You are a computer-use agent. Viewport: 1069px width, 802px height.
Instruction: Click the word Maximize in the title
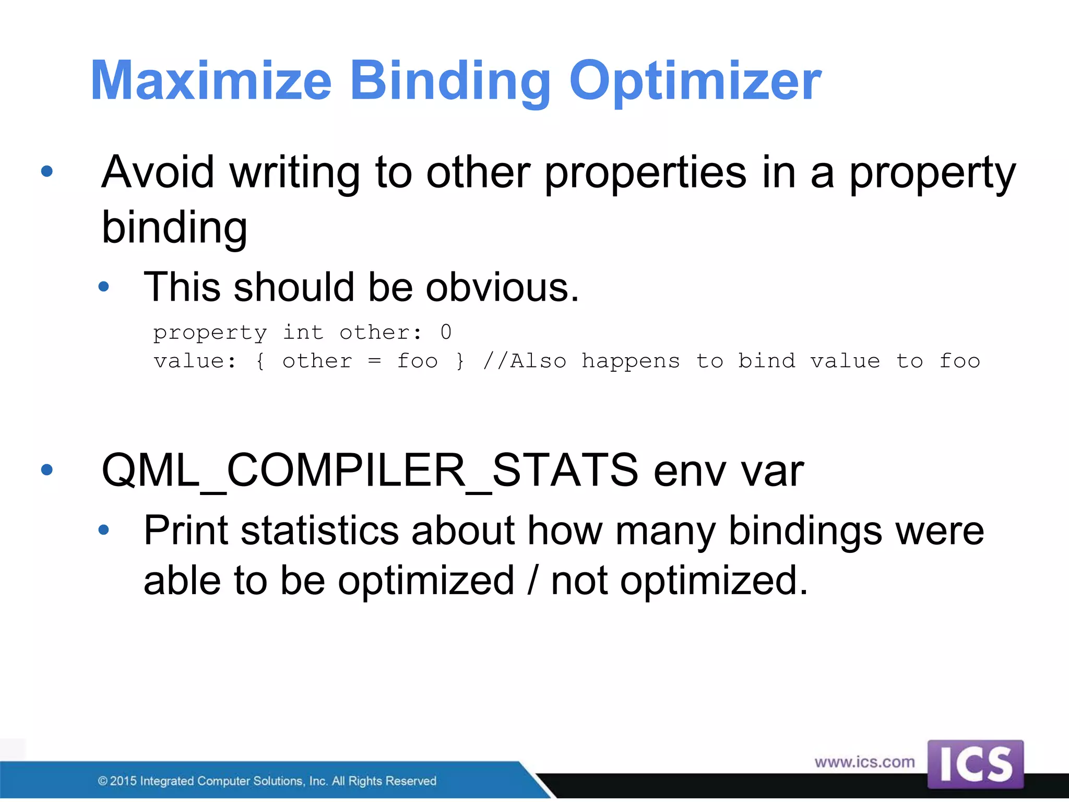point(211,81)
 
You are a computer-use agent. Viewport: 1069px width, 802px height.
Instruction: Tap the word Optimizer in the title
point(695,81)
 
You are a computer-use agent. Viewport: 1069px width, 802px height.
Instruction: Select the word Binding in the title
point(450,81)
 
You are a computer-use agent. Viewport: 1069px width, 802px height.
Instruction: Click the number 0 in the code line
point(446,332)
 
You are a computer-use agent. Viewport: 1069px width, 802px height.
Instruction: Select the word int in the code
point(303,332)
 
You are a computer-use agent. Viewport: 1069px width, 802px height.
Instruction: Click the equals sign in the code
point(374,361)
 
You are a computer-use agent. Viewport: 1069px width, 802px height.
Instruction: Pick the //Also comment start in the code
point(525,361)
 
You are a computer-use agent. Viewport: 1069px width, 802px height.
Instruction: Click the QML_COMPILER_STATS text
point(370,470)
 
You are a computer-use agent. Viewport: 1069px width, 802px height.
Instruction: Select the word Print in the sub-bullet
point(186,531)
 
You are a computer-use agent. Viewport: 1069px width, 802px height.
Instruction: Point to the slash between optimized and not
point(532,581)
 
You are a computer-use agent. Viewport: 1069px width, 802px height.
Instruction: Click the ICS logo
point(975,764)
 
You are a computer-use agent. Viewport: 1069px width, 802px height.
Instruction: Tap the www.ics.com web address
point(864,762)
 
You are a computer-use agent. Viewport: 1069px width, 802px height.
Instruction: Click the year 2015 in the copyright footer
point(123,781)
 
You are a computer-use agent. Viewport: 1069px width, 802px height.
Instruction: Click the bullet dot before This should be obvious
point(104,287)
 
